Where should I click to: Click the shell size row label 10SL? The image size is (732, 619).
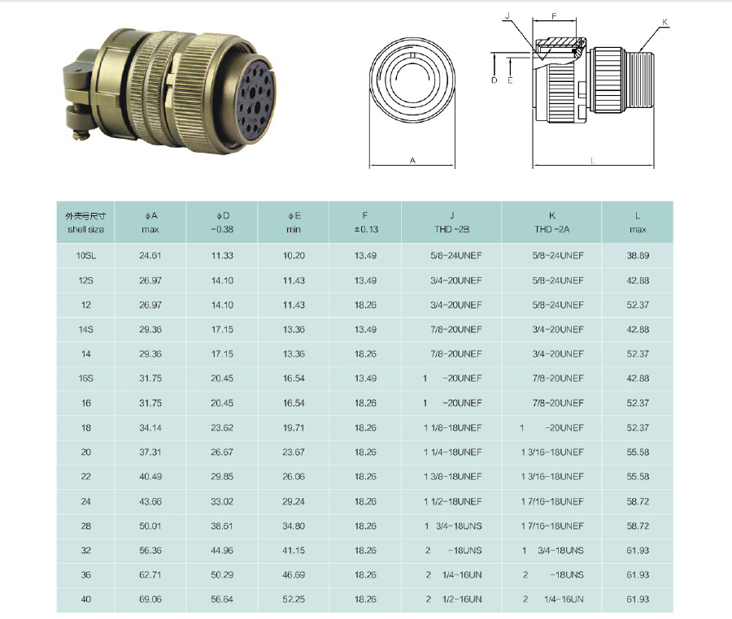click(86, 255)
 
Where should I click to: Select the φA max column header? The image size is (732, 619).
click(150, 223)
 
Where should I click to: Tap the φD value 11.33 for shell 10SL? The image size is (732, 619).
click(222, 255)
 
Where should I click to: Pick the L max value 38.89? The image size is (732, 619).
click(638, 255)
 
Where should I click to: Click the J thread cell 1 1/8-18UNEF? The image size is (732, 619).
click(452, 427)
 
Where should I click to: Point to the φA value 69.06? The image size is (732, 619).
click(150, 599)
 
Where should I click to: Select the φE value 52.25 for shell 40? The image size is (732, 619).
click(294, 599)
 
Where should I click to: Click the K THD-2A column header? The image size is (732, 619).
click(551, 223)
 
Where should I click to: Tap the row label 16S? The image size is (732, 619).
click(86, 378)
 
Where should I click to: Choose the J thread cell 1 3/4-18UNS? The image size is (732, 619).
click(453, 526)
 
